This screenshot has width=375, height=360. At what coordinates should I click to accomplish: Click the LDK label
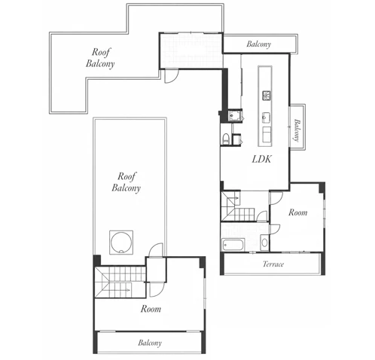click(261, 159)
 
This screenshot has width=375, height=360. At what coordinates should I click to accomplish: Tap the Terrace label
click(273, 264)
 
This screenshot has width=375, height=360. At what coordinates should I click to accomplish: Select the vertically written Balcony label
click(297, 130)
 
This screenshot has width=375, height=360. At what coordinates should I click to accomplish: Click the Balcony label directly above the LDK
click(259, 44)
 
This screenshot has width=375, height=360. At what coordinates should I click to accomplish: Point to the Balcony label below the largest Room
click(150, 343)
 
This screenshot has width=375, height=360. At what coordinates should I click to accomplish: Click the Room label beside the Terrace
click(298, 212)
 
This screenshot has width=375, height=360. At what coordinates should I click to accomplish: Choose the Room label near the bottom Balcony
click(151, 309)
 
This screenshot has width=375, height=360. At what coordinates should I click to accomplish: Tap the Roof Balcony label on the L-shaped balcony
click(100, 58)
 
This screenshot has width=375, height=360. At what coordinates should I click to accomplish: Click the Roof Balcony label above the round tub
click(126, 182)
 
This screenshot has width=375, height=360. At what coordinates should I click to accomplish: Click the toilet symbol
click(226, 139)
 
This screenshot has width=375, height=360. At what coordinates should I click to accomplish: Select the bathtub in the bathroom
click(233, 245)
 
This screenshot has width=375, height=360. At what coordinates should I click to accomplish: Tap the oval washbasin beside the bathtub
click(264, 243)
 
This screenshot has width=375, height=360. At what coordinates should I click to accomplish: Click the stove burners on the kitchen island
click(267, 95)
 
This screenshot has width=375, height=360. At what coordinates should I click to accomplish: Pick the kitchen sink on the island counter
click(266, 117)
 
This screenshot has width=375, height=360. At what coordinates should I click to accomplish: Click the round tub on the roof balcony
click(121, 243)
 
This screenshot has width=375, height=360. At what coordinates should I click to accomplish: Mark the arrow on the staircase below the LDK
click(235, 198)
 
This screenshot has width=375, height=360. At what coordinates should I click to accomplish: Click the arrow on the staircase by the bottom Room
click(126, 291)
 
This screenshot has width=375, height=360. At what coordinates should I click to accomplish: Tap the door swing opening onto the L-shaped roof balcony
click(172, 76)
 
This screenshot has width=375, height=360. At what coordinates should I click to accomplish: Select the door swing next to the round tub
click(156, 250)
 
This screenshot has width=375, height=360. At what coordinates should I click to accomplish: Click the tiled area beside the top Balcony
click(191, 50)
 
